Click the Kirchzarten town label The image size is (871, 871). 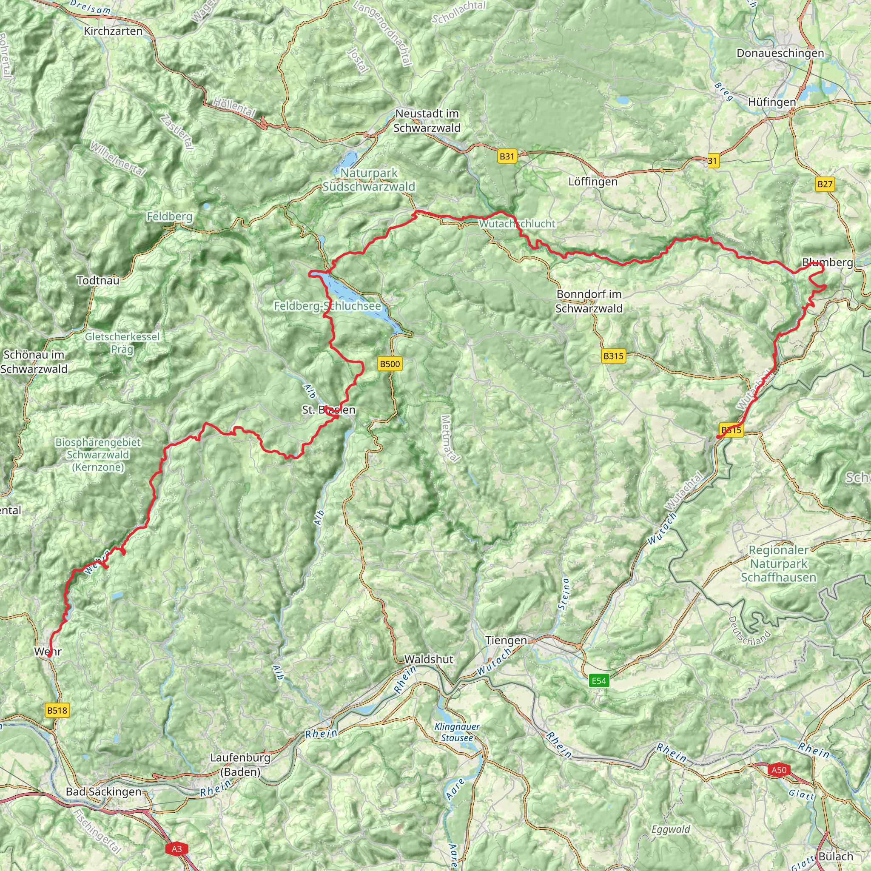[x=113, y=31]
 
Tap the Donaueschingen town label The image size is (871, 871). [x=780, y=53]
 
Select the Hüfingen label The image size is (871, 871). [x=772, y=102]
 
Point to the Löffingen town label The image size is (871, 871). [x=593, y=182]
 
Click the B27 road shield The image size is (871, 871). [x=825, y=184]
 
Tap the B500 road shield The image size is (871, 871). [x=390, y=364]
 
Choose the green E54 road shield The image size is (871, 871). [x=599, y=680]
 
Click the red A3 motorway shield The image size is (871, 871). [x=177, y=849]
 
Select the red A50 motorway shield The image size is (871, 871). [x=779, y=769]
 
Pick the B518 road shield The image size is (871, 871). [x=57, y=711]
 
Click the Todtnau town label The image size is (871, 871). [x=98, y=280]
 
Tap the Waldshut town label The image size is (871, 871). [x=428, y=659]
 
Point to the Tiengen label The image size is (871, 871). [x=506, y=640]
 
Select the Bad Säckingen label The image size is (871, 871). [x=104, y=791]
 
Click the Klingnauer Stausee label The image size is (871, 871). [x=457, y=732]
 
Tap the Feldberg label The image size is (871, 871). [x=170, y=217]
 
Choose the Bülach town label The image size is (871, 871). [x=836, y=856]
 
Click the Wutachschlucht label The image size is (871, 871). [x=517, y=223]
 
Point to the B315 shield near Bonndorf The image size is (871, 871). [x=613, y=356]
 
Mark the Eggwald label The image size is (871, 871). [x=670, y=829]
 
